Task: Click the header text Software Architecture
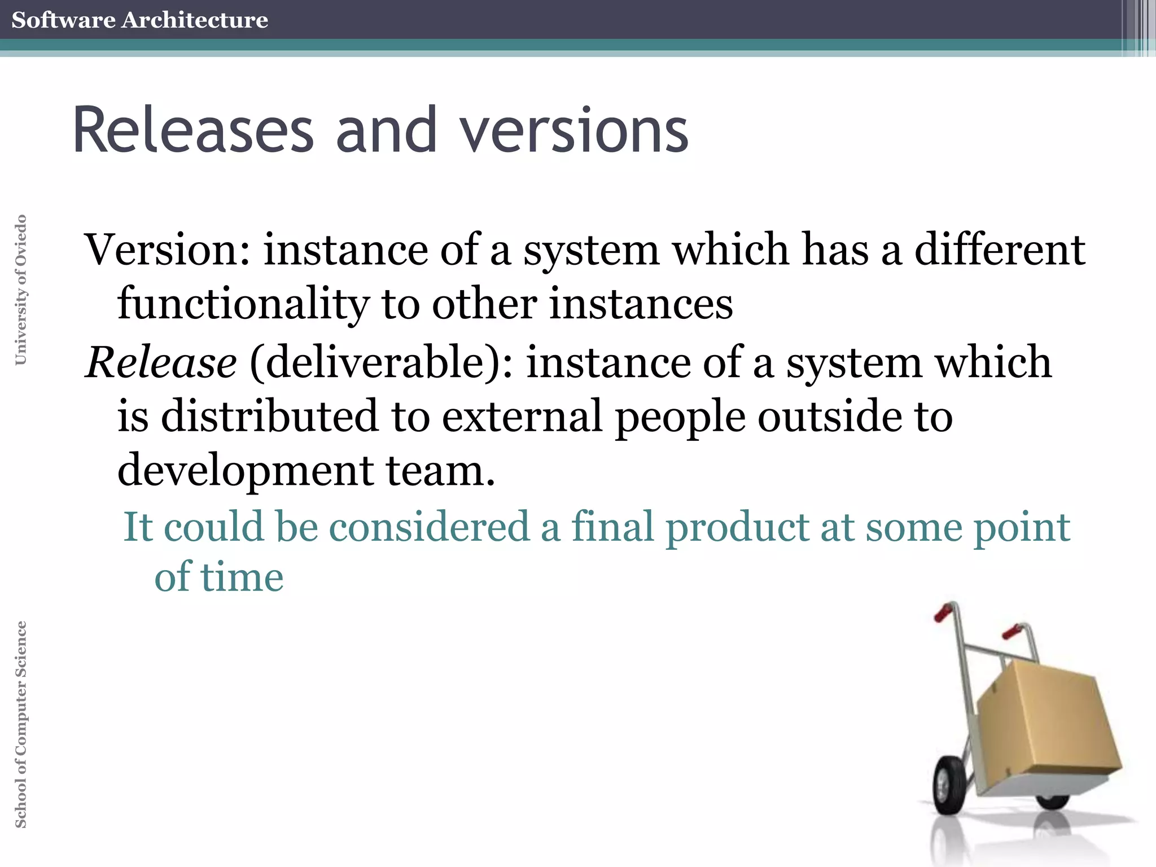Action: [139, 20]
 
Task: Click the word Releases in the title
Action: [192, 130]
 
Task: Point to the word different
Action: [999, 249]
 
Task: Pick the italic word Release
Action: [161, 362]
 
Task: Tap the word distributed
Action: [269, 416]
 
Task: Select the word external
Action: [522, 416]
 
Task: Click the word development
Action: [245, 470]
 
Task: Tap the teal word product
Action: [737, 527]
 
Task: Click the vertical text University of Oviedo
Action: [20, 290]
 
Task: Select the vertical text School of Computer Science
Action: [20, 724]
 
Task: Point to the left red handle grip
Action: [943, 612]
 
